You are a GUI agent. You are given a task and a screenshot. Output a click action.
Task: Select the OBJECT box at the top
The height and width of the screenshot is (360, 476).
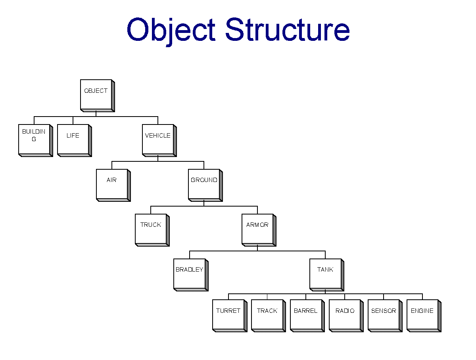[97, 96]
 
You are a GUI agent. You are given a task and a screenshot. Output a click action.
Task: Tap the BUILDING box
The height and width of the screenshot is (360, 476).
[36, 140]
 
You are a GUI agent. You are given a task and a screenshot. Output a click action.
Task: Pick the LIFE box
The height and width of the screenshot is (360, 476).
[75, 140]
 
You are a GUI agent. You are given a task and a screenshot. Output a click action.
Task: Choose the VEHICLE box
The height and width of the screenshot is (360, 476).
[159, 140]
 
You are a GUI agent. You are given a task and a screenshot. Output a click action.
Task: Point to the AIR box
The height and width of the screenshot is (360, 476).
[113, 185]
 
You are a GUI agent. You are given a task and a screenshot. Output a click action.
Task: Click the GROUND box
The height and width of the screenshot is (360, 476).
[205, 185]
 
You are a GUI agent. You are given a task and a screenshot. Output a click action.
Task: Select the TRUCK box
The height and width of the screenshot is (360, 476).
[152, 230]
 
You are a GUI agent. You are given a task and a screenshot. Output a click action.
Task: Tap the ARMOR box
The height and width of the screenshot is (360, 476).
[259, 230]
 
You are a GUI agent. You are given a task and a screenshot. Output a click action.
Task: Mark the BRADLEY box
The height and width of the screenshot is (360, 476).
[191, 275]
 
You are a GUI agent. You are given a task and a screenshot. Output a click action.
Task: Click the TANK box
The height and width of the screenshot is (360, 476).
[326, 275]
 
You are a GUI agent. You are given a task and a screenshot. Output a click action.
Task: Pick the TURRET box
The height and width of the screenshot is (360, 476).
[230, 316]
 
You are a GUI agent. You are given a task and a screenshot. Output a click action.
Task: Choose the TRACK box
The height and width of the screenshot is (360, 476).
[269, 316]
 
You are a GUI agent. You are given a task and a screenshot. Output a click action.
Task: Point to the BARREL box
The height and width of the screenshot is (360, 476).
[307, 316]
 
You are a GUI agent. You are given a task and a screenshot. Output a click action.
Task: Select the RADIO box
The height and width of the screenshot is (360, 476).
[346, 316]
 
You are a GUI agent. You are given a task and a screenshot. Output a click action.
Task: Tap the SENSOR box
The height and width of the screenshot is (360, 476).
[385, 316]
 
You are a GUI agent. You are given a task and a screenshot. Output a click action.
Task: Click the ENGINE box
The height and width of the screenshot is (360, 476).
[424, 316]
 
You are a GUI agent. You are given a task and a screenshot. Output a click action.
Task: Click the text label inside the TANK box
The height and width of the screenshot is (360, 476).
[325, 269]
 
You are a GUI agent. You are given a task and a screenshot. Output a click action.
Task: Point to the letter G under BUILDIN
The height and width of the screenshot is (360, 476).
[34, 139]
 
